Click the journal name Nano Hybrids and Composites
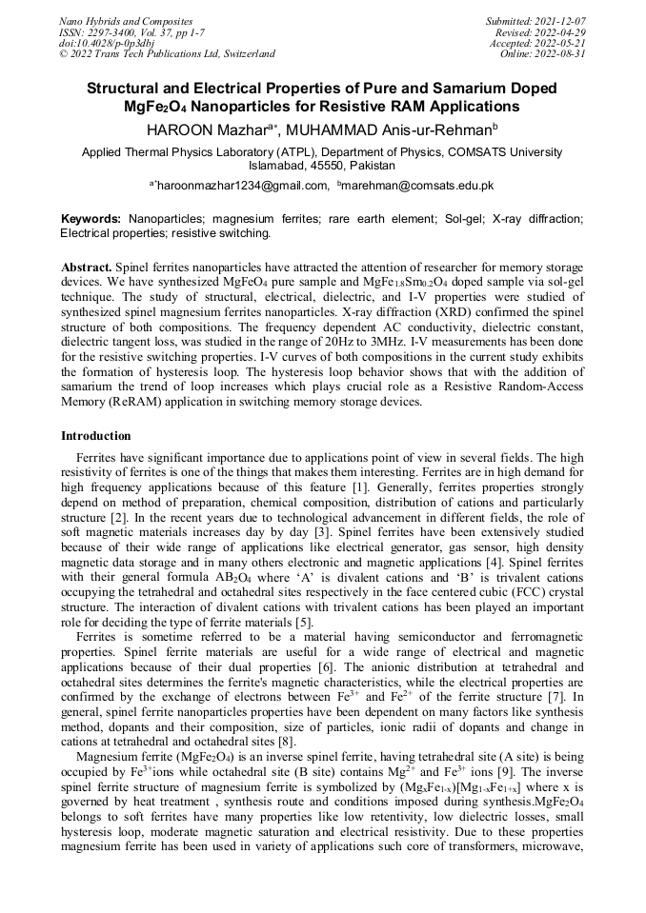click(x=126, y=21)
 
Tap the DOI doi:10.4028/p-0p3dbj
click(x=107, y=43)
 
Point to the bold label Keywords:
click(x=91, y=219)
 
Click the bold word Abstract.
click(x=89, y=269)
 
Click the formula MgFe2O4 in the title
click(x=159, y=107)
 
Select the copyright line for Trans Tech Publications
click(x=167, y=54)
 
